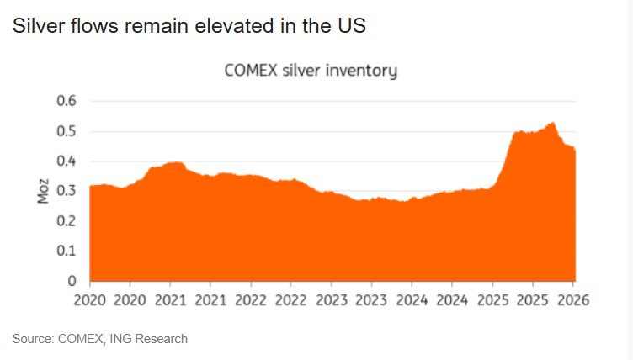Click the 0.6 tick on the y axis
pyautogui.click(x=66, y=102)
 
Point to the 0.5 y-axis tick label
pyautogui.click(x=66, y=132)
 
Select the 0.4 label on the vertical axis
pyautogui.click(x=66, y=161)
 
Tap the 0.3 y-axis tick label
pyautogui.click(x=66, y=191)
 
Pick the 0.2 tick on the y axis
pyautogui.click(x=66, y=221)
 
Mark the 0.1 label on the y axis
pyautogui.click(x=66, y=251)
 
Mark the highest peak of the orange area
pyautogui.click(x=552, y=124)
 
